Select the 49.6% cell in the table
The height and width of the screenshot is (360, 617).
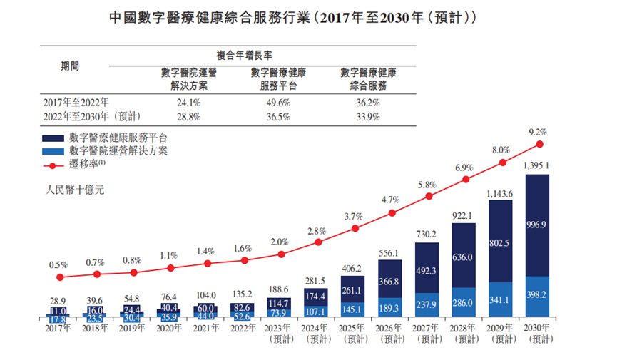coord(278,103)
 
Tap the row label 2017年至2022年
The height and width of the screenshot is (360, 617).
coord(75,103)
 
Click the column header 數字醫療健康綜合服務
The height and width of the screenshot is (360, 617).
coord(368,78)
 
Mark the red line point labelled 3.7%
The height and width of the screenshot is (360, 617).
coord(355,229)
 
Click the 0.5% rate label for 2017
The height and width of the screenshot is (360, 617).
coord(58,264)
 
